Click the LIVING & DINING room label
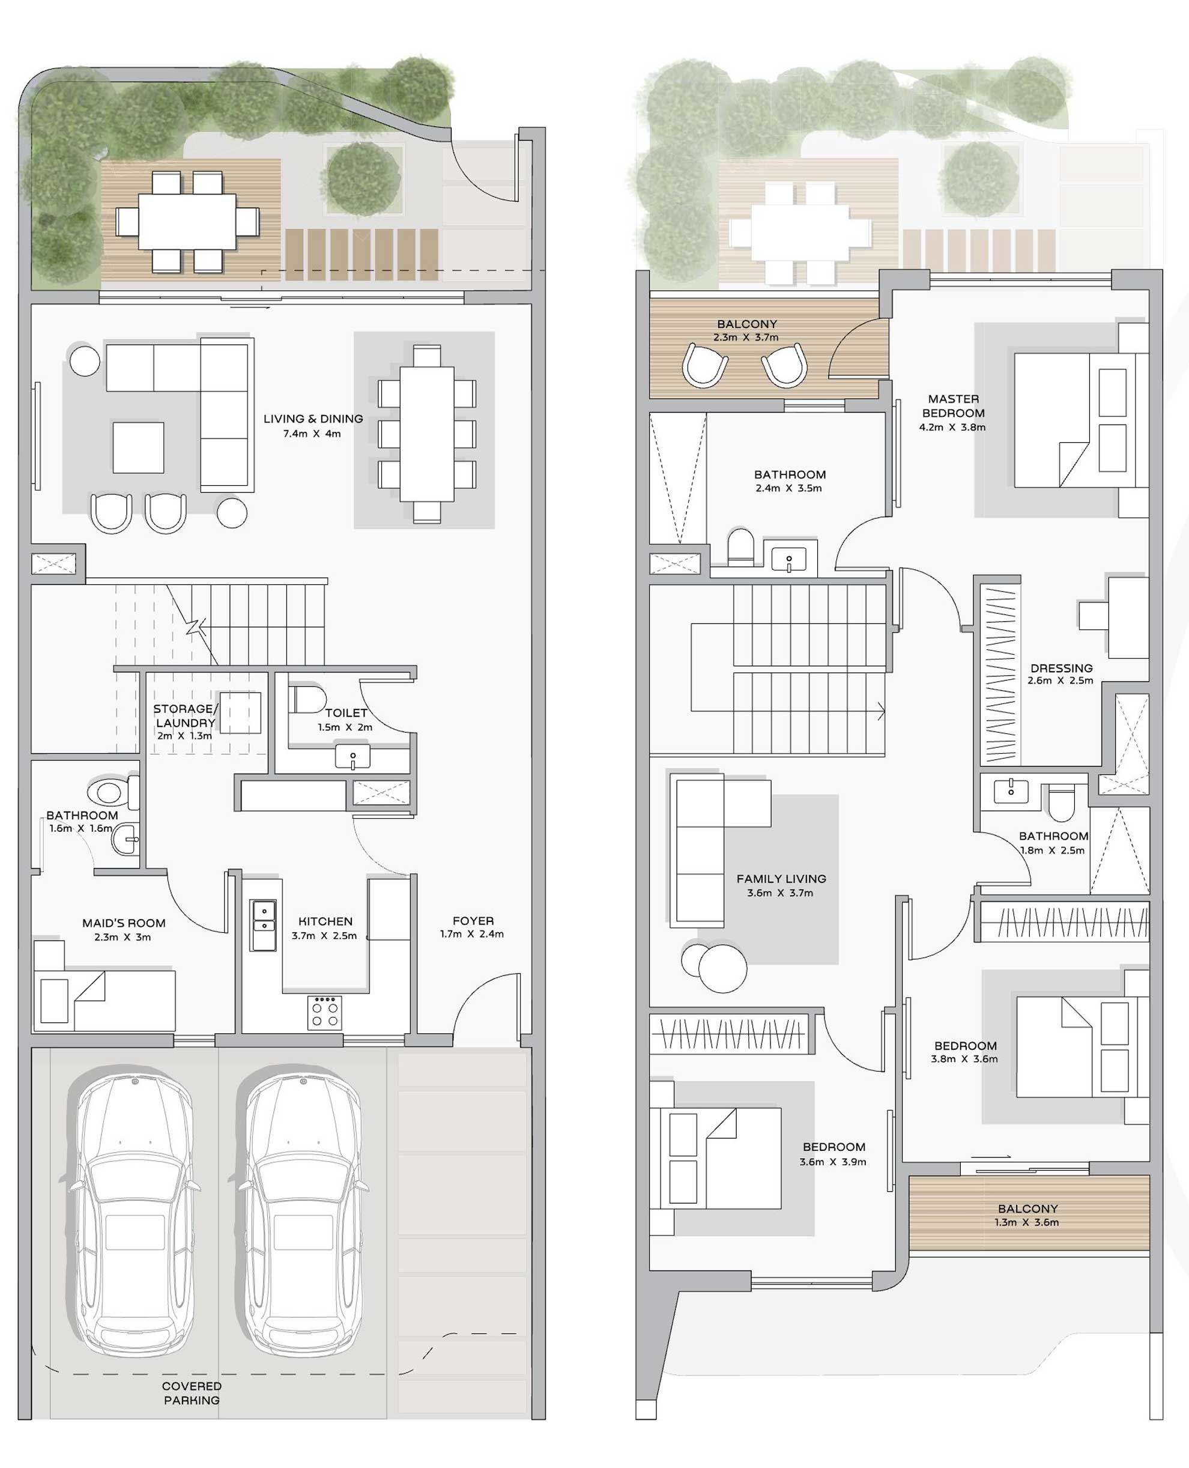tap(313, 419)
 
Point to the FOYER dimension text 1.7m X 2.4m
tap(472, 933)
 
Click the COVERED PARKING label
tap(192, 1393)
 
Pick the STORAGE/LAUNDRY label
tap(184, 715)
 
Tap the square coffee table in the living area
tap(138, 447)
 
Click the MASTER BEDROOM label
tap(953, 405)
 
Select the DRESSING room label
tap(1061, 668)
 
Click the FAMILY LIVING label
tap(781, 878)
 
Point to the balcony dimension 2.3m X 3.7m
tap(746, 337)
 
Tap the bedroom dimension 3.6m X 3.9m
tap(832, 1162)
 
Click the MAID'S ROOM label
tap(123, 923)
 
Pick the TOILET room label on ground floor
tap(346, 712)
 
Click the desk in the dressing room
tap(1127, 616)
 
